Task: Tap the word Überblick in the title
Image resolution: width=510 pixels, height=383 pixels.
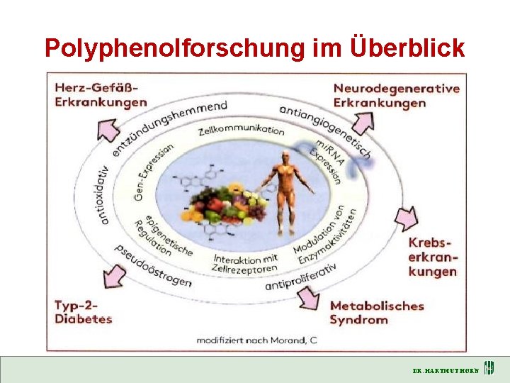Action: pyautogui.click(x=407, y=48)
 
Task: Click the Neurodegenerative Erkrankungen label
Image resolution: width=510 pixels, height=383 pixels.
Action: pyautogui.click(x=396, y=95)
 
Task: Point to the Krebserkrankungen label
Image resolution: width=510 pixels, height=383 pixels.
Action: pyautogui.click(x=433, y=257)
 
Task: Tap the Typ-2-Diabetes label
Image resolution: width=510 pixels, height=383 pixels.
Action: pyautogui.click(x=84, y=312)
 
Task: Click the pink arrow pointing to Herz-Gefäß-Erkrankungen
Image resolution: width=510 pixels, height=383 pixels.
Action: pyautogui.click(x=109, y=131)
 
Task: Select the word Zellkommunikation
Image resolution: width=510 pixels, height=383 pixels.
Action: pyautogui.click(x=242, y=131)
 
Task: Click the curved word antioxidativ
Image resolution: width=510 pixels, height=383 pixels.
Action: pyautogui.click(x=105, y=195)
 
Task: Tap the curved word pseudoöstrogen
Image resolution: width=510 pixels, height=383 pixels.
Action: pyautogui.click(x=153, y=265)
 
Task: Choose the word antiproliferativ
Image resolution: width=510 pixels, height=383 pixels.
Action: pyautogui.click(x=300, y=276)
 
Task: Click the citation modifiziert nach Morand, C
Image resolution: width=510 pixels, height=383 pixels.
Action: pyautogui.click(x=256, y=340)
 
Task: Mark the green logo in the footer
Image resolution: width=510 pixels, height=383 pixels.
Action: pyautogui.click(x=489, y=370)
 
